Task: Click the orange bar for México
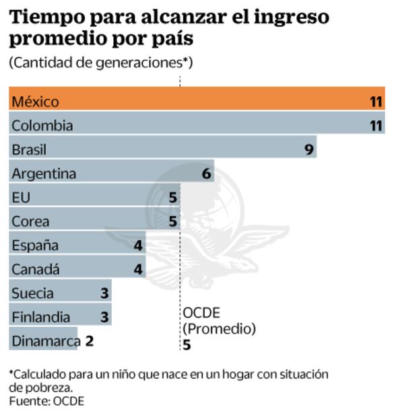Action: coord(195,102)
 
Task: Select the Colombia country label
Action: coord(42,126)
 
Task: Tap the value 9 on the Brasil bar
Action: coord(309,149)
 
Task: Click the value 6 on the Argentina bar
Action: coord(206,174)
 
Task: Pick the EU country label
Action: coord(21,198)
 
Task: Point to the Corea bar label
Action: coord(30,221)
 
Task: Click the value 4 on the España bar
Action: coord(137,245)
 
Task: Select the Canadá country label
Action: coord(35,270)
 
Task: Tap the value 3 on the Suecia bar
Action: coord(104,293)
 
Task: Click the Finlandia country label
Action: coord(40,317)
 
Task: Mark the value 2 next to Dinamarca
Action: coord(89,341)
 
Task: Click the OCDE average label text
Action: coord(201,313)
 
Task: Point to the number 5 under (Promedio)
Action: coord(187,344)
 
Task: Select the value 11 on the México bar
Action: coord(376,102)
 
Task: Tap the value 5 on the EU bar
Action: coord(172,198)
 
